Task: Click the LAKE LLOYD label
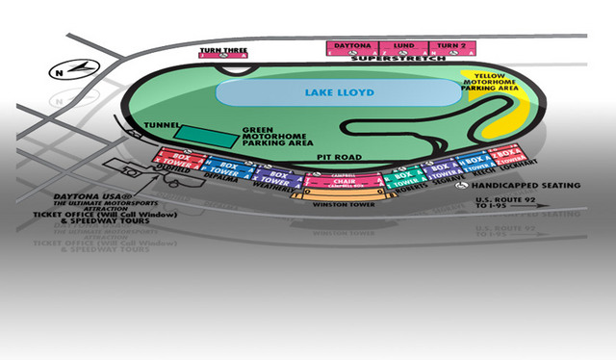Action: [x=336, y=93]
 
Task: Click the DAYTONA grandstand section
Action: [x=352, y=45]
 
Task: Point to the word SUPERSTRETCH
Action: [x=395, y=59]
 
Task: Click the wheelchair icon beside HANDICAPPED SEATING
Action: [x=463, y=184]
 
